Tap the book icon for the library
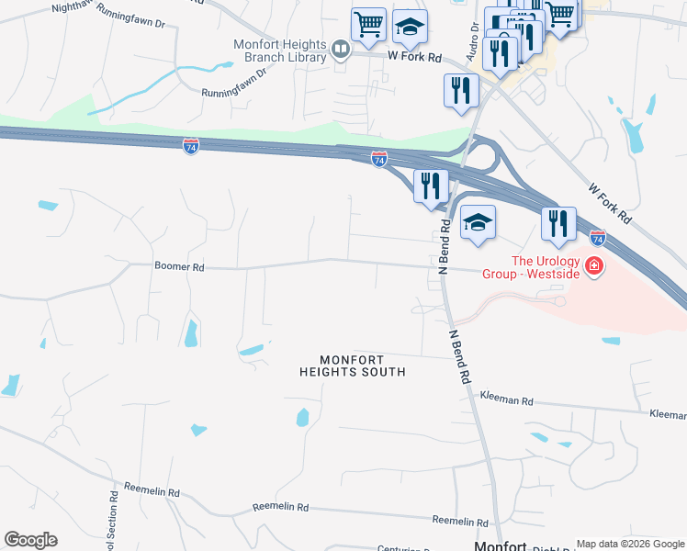pos(341,49)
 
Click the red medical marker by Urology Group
pos(594,266)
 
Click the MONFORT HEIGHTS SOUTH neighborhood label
pos(352,365)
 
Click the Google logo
pos(30,540)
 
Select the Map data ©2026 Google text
pos(629,544)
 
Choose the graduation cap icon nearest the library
pos(410,28)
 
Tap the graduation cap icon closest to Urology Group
pos(478,223)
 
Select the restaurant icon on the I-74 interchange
pos(431,186)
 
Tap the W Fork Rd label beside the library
pos(414,56)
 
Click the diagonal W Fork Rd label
pos(612,205)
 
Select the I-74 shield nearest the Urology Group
pos(597,238)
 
